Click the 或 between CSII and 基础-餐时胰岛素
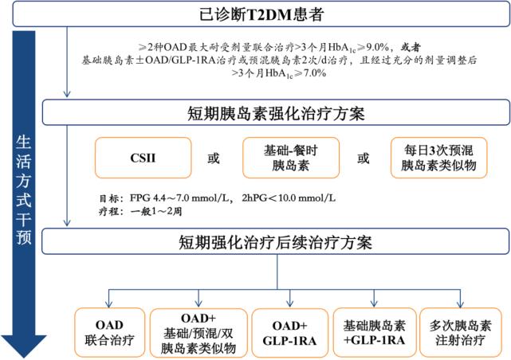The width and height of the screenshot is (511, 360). point(213,158)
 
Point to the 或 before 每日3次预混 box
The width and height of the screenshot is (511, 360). point(363,158)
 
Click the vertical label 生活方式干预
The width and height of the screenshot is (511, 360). point(24,191)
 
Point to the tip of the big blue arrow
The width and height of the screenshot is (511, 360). point(24,355)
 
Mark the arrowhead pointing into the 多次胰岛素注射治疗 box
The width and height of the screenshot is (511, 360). point(459,305)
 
